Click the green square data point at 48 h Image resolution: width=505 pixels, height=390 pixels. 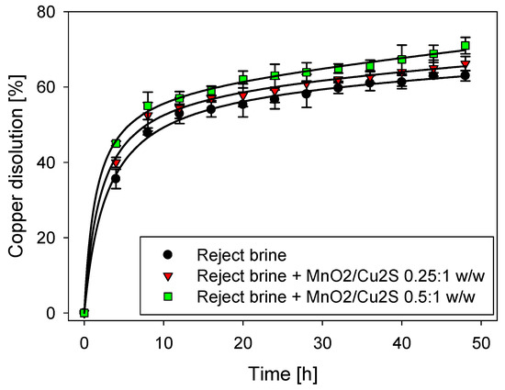(x=466, y=46)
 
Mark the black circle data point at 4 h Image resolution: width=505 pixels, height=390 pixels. (x=116, y=179)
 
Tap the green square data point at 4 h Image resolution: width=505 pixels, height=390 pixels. (x=116, y=143)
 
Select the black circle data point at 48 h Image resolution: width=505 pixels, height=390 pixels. (x=466, y=75)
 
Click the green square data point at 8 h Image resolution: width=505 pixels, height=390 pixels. (x=148, y=106)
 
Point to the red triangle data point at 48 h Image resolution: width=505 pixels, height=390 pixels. (x=466, y=64)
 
